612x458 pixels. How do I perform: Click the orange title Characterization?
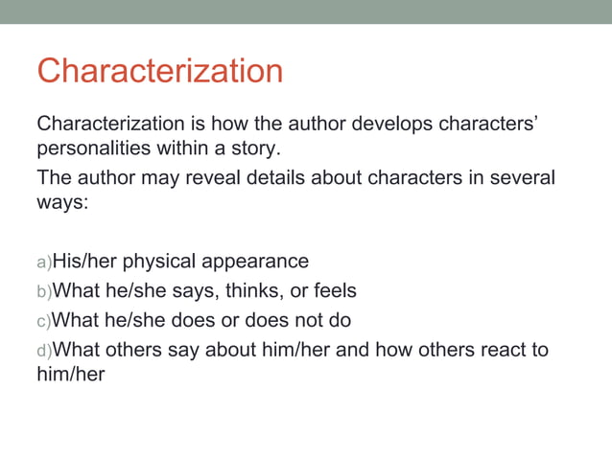click(x=159, y=71)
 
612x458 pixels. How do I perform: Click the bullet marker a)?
click(x=43, y=262)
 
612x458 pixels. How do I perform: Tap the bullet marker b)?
click(x=43, y=291)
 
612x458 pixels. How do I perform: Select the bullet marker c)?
click(x=43, y=320)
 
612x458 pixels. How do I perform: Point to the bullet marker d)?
click(x=43, y=350)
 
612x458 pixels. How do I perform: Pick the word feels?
click(x=332, y=290)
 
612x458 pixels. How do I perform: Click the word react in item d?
click(x=498, y=349)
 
